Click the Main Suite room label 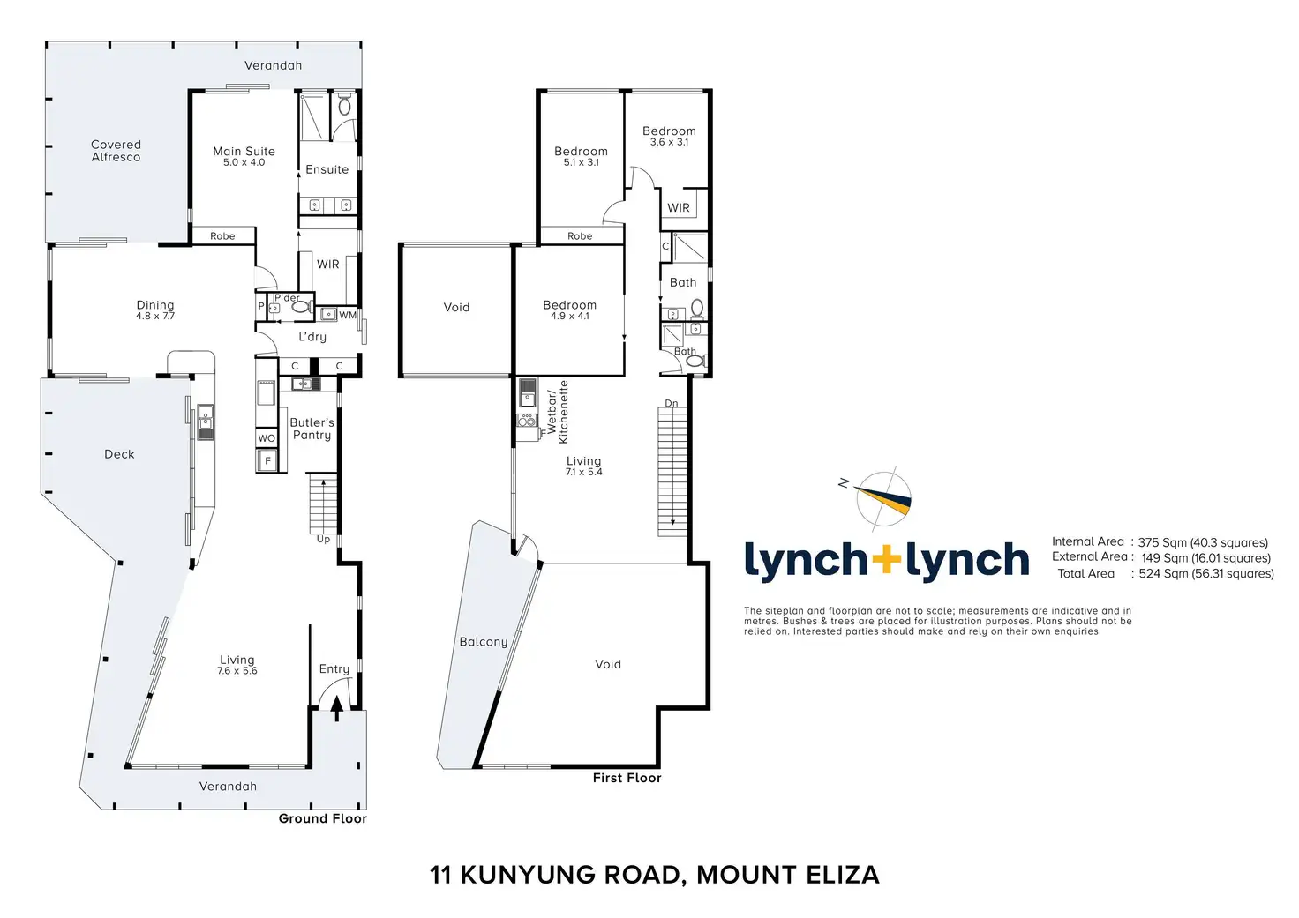[x=244, y=152]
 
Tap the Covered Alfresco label [x=116, y=151]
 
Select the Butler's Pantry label [x=312, y=429]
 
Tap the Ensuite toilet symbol [x=344, y=107]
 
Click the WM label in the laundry [x=348, y=315]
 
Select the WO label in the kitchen [x=267, y=438]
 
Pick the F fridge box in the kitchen [x=267, y=460]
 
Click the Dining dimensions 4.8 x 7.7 [x=155, y=316]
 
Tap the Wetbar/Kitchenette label [x=558, y=412]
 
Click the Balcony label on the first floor [x=484, y=642]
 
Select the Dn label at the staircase [x=672, y=403]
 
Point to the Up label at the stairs [x=323, y=539]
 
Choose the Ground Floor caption [x=322, y=818]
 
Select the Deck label [x=120, y=454]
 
